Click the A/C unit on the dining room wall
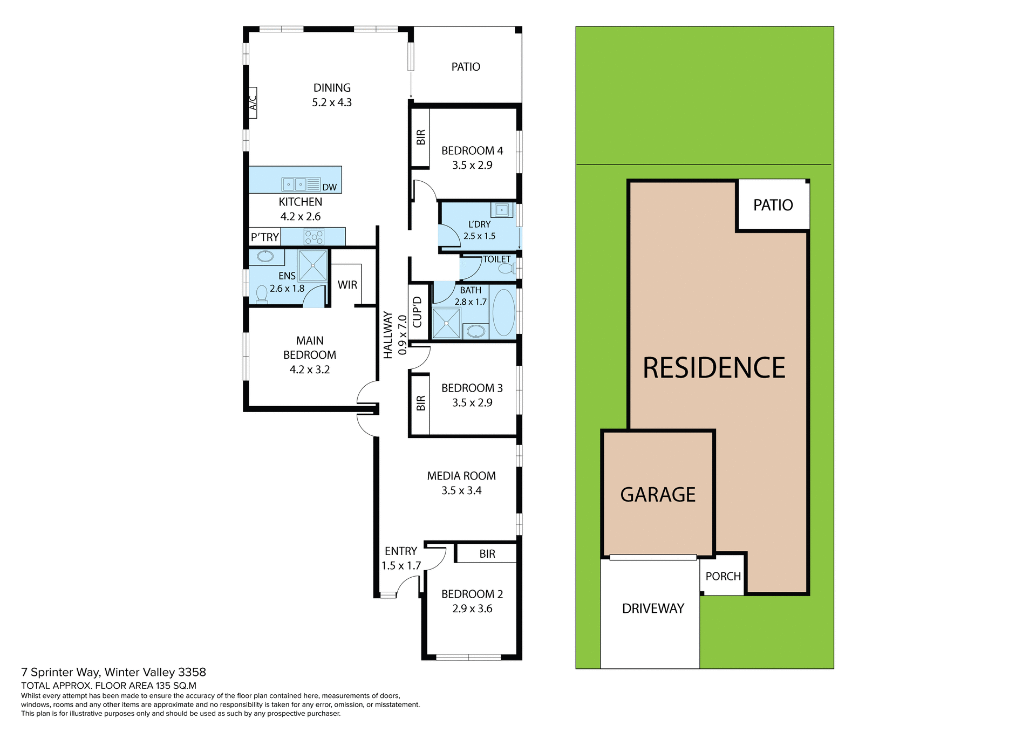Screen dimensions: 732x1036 [x=253, y=102]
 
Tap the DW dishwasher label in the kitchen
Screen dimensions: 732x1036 [x=329, y=187]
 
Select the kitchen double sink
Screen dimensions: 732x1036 [x=294, y=184]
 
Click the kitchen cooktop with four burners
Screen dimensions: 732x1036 [x=314, y=236]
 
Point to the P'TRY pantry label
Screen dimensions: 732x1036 [x=264, y=237]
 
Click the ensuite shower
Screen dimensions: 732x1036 [x=313, y=265]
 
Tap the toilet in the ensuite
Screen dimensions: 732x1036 [x=262, y=294]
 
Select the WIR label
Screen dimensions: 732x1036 [x=347, y=285]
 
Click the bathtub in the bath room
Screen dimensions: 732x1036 [x=504, y=313]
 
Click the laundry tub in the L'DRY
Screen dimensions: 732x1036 [x=502, y=209]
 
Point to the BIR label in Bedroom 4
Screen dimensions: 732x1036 [x=421, y=138]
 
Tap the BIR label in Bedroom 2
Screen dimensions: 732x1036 [x=487, y=554]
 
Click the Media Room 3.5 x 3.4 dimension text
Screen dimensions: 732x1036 [x=461, y=490]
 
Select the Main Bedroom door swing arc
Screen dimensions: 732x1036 [x=367, y=392]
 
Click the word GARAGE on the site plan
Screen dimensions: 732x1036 [x=658, y=495]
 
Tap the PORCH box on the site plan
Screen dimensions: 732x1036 [x=723, y=576]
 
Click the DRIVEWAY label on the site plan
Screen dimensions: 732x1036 [x=653, y=608]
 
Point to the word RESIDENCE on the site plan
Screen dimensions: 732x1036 [x=714, y=368]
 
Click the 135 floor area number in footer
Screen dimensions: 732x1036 [x=163, y=686]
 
